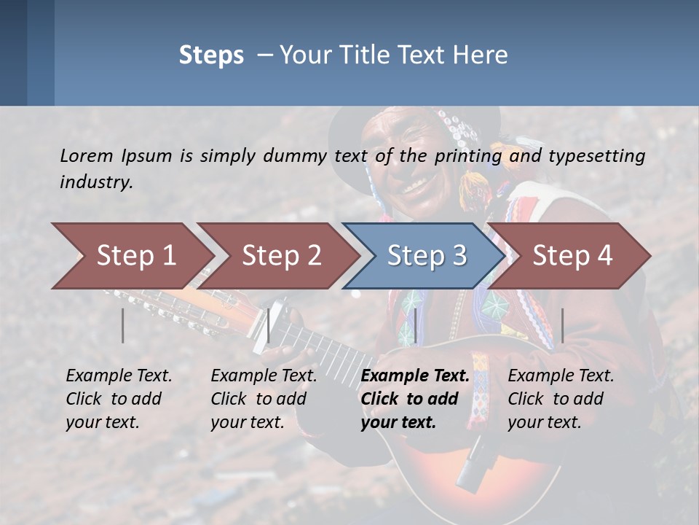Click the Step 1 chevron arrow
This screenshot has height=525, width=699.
coord(135,255)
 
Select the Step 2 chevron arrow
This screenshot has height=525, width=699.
coord(281,255)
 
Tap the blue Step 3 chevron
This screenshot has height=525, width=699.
coord(426,255)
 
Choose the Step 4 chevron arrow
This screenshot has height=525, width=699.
coord(572,255)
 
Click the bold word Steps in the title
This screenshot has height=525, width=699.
coord(211,55)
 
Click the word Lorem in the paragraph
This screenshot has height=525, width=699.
coord(87,155)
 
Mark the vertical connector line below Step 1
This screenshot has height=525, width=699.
coord(123,325)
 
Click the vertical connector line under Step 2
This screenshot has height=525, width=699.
coord(269,325)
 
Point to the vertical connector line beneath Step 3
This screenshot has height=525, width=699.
coord(415,325)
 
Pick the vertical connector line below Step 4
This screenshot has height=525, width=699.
coord(562,325)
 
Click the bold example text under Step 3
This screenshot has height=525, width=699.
coord(414,399)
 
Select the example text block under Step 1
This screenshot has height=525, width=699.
coord(119,399)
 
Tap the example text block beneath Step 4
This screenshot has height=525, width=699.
coord(561,399)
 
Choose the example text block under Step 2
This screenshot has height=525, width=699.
coord(264,399)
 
